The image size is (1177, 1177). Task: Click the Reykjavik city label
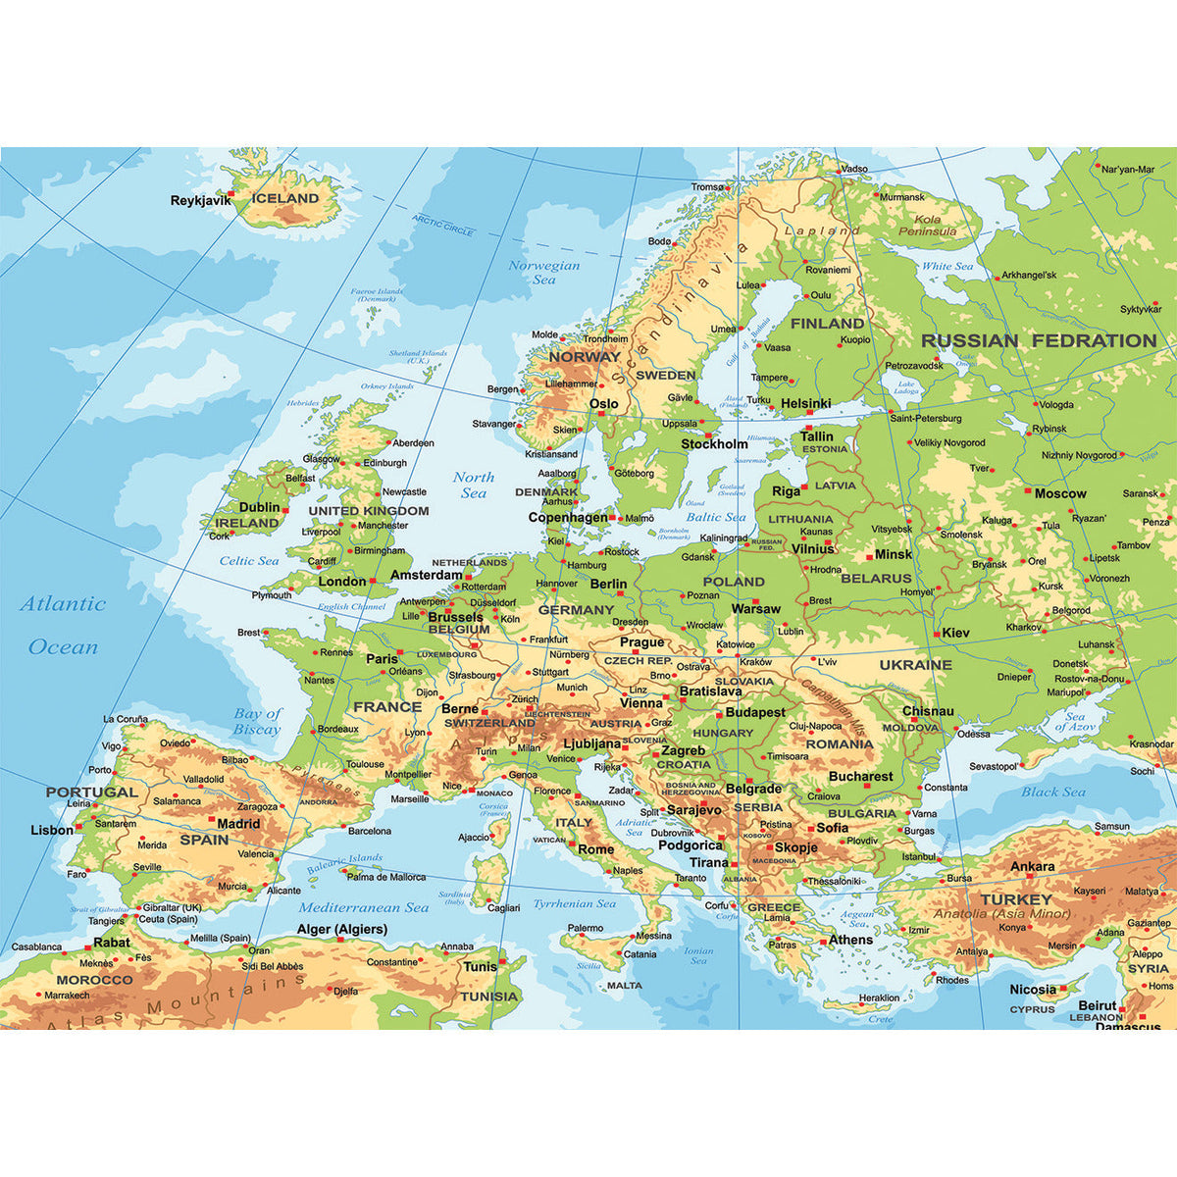[200, 200]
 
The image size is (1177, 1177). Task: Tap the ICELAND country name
[285, 198]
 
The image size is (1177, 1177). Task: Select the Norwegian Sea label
[544, 273]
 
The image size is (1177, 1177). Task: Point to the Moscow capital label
[1060, 493]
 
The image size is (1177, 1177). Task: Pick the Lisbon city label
[52, 830]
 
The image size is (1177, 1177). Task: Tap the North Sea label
[474, 485]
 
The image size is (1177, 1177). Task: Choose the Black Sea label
[1053, 792]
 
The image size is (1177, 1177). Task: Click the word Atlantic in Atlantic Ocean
[63, 604]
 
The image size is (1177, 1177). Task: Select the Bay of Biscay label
[257, 721]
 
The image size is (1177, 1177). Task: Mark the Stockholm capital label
[714, 444]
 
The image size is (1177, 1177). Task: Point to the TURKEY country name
[1016, 899]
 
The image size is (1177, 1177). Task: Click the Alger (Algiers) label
[342, 929]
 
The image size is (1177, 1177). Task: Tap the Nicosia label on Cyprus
[1033, 990]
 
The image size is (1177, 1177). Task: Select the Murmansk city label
[902, 197]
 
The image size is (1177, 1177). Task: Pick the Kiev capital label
[955, 633]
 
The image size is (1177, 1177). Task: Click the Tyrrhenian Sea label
[575, 904]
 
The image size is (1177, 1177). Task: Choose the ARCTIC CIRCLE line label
[442, 226]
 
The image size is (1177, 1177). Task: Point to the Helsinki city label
[806, 404]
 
